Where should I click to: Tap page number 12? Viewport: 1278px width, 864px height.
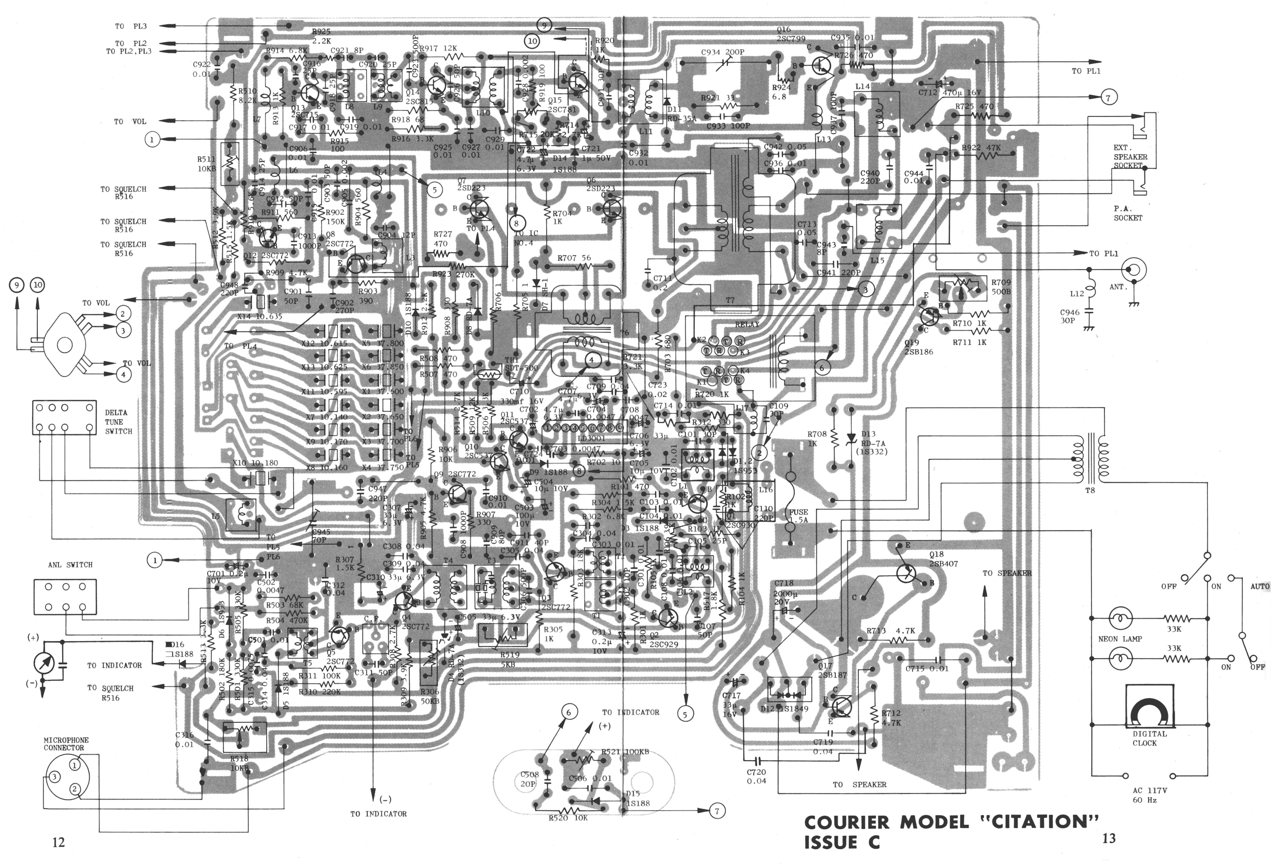[x=58, y=842]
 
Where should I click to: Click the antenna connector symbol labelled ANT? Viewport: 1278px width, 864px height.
[x=1134, y=270]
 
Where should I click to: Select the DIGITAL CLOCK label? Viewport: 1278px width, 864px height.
[x=1149, y=738]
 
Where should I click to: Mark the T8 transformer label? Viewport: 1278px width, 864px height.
[x=1089, y=489]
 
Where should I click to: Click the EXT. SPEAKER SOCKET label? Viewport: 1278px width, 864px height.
[x=1130, y=156]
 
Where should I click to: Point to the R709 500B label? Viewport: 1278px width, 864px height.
[x=1001, y=287]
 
